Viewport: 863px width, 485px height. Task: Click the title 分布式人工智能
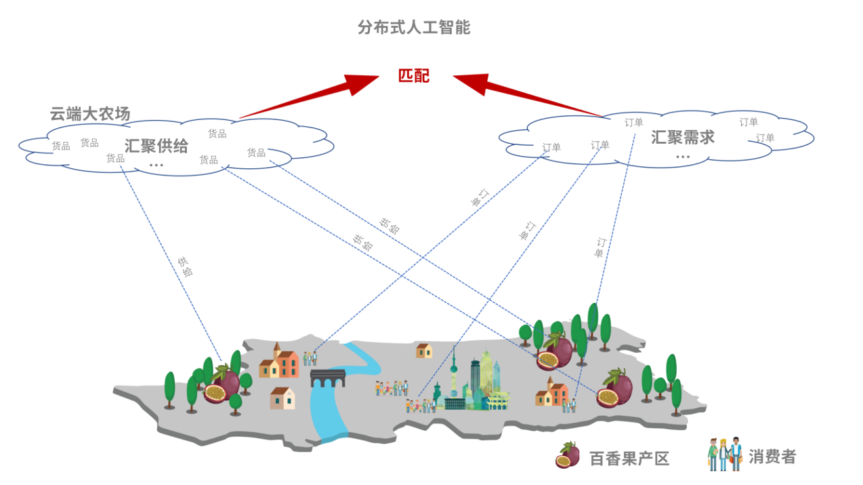coord(413,28)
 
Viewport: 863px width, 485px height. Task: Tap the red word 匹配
coord(413,75)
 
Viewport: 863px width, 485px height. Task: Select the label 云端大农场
coord(90,114)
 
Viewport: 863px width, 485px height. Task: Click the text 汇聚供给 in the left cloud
coord(156,146)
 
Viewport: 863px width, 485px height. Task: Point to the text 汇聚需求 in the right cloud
coord(682,137)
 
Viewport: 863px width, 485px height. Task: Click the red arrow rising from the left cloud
coord(312,96)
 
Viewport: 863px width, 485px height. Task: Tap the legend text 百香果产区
coord(629,459)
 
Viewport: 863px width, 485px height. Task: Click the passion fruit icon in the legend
coord(567,455)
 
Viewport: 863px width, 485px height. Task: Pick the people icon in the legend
coord(724,454)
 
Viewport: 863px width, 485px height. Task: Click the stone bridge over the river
coord(329,377)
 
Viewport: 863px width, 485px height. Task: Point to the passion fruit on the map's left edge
coord(222,385)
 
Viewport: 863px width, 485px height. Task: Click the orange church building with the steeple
coord(279,362)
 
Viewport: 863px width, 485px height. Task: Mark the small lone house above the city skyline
coord(424,350)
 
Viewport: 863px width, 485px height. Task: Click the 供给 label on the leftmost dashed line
coord(185,267)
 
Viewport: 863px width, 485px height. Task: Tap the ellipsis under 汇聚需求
coord(682,157)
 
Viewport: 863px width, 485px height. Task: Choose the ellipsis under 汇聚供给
coord(156,165)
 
